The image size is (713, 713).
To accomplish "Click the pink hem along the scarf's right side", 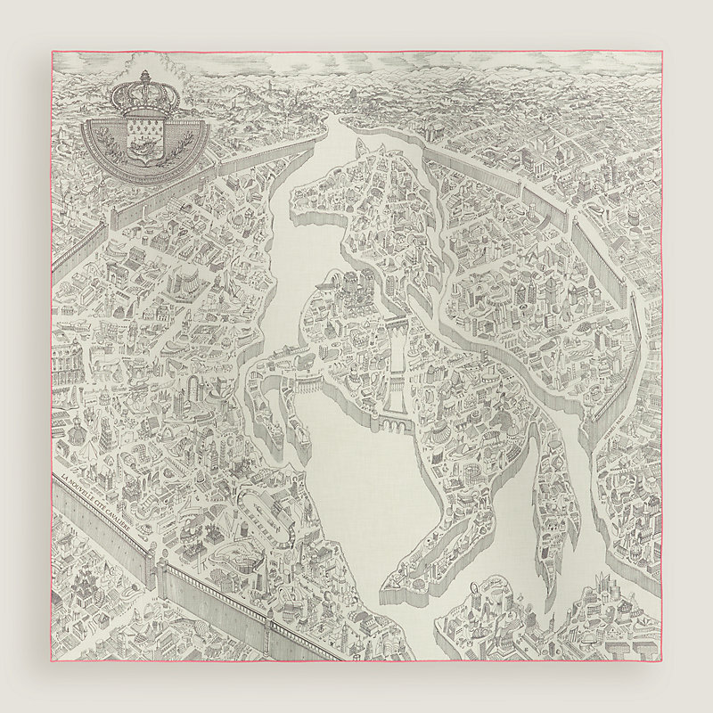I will (661, 356).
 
